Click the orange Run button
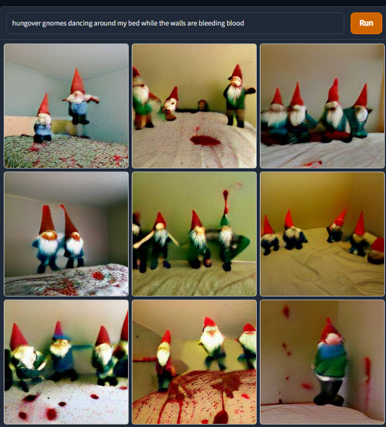point(366,23)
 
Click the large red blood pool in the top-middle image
point(205,141)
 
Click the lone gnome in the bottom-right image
point(329,362)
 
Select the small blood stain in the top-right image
point(313,163)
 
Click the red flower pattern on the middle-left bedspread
point(98,275)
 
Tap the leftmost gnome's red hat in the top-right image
point(277,96)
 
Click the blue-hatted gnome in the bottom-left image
point(60,351)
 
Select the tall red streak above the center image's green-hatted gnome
point(226,202)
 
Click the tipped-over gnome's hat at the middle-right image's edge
point(377,244)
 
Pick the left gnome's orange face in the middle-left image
point(49,235)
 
